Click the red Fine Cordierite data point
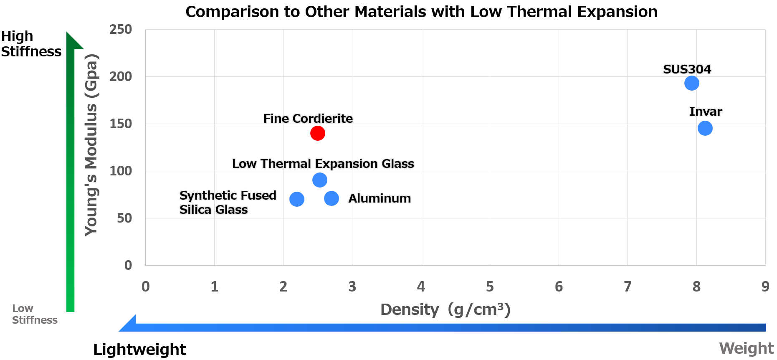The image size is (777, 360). click(318, 133)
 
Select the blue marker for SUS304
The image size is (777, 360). click(692, 83)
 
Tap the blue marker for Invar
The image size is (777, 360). click(705, 128)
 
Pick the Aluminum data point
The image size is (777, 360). click(332, 198)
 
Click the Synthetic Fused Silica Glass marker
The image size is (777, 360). click(297, 199)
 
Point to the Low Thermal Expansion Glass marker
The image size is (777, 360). click(320, 180)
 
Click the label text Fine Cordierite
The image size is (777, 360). click(308, 119)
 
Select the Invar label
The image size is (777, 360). click(706, 112)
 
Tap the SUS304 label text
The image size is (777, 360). click(687, 69)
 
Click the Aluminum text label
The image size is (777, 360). click(380, 198)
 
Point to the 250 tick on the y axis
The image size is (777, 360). click(121, 29)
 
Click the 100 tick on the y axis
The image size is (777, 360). click(121, 171)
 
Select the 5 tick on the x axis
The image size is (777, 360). click(490, 286)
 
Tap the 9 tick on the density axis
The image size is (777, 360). click(765, 286)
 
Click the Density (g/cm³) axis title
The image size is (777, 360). click(445, 309)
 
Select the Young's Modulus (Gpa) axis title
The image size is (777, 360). click(91, 145)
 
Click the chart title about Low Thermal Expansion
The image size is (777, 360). click(421, 12)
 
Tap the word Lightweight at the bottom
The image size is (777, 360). click(139, 350)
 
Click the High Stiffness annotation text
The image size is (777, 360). click(31, 44)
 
